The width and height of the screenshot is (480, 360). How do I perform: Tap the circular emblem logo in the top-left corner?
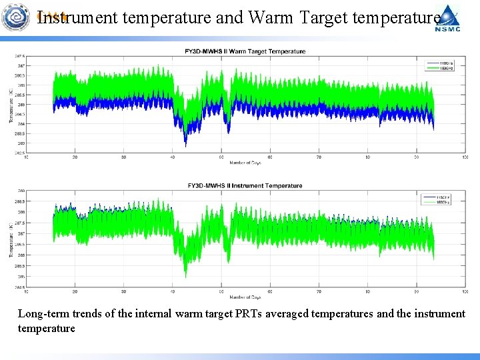17,17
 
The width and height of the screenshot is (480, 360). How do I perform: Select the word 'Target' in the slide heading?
324,17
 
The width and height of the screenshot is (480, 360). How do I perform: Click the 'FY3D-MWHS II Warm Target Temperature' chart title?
245,51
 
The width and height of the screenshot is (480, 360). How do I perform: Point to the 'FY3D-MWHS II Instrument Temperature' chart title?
245,186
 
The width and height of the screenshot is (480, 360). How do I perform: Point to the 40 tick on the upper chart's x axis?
173,157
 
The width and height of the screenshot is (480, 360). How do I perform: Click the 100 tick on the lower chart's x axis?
465,292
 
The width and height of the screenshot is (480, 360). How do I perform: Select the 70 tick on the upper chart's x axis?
319,157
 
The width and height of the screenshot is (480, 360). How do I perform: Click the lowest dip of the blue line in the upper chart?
185,145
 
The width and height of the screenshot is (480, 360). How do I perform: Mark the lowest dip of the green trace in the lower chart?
185,276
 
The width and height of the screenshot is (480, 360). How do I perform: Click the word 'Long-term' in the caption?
42,313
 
